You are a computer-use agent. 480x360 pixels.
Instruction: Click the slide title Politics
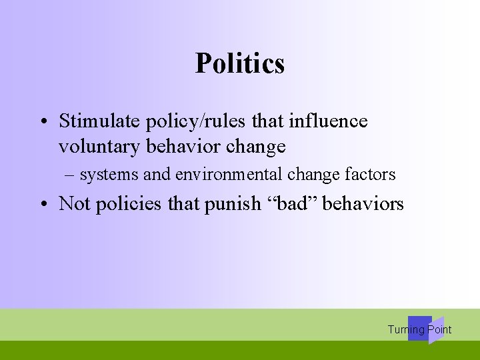point(240,64)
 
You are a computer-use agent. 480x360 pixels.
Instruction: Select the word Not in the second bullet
point(75,203)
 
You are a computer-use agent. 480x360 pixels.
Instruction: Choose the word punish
point(233,203)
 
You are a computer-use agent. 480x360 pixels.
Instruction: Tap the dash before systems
point(70,175)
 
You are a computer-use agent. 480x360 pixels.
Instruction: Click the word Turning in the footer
point(406,329)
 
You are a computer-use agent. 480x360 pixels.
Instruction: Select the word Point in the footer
point(439,329)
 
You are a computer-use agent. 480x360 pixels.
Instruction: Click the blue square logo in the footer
point(419,328)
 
